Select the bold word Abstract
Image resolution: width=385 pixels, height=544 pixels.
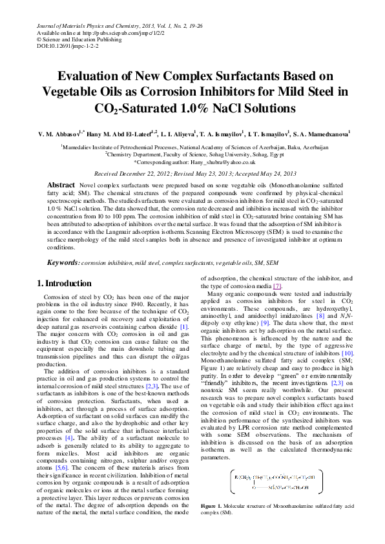[61, 185]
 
